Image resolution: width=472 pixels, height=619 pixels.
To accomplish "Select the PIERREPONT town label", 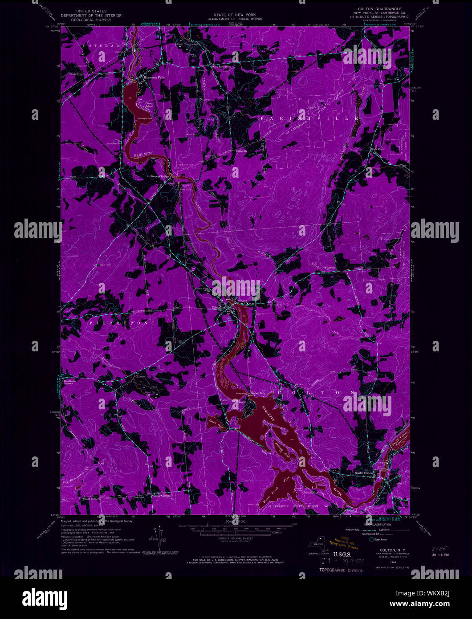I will (x=122, y=322).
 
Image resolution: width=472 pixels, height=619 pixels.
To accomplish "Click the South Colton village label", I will (x=364, y=473).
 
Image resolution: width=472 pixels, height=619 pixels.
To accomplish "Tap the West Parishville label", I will (x=221, y=67).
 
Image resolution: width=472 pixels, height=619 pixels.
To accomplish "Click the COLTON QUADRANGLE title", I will (x=380, y=8).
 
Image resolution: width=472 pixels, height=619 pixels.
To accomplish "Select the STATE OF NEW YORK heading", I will (x=234, y=15).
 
